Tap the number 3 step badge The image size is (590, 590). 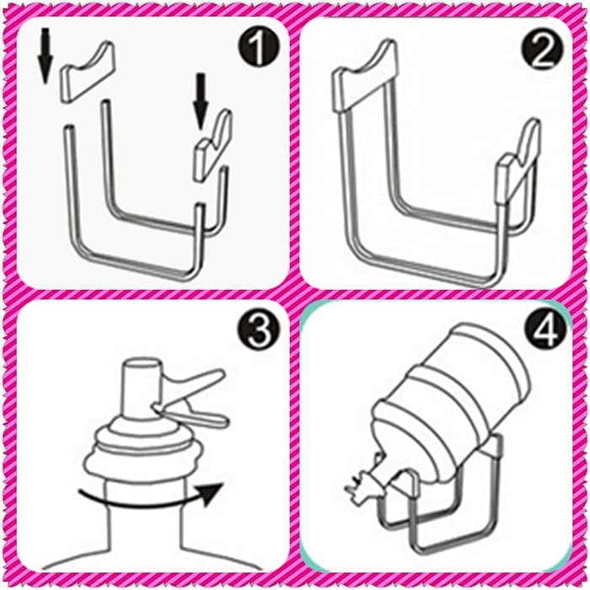[259, 330]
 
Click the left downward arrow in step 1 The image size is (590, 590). [45, 56]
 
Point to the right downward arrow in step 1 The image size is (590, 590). [201, 101]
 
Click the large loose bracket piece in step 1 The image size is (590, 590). [88, 72]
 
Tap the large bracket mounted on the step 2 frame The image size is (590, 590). [364, 76]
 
